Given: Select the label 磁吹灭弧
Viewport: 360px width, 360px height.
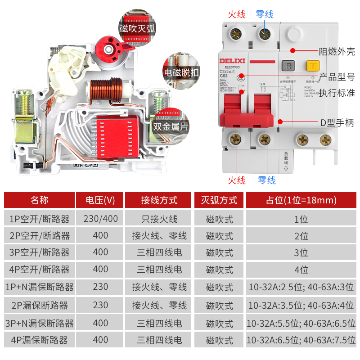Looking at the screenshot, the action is (137, 29).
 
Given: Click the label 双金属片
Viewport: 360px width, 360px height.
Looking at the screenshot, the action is (171, 126).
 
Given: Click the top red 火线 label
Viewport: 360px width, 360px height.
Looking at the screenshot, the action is (237, 14).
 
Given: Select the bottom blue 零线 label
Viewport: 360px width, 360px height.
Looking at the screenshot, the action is (266, 180).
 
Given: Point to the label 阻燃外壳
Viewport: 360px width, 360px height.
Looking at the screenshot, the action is (337, 51).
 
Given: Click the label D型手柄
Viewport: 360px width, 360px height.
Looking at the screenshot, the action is (337, 122).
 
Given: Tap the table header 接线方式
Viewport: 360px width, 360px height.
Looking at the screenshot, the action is (159, 200).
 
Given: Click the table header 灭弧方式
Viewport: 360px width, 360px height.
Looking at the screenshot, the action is (219, 200).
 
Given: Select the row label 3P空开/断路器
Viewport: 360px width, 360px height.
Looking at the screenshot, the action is (40, 253).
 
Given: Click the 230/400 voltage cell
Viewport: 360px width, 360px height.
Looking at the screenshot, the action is (100, 219).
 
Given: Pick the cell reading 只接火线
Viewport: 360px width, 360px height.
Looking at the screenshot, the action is (159, 219).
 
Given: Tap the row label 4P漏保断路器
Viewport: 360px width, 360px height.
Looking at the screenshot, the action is (40, 341).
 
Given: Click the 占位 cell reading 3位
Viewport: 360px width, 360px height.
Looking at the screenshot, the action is (301, 253).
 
